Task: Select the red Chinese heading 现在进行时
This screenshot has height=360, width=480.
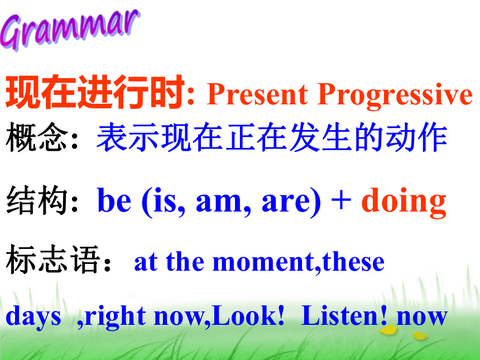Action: [x=95, y=92]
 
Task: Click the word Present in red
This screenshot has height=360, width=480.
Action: [x=257, y=94]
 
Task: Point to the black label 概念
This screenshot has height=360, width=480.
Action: [x=37, y=137]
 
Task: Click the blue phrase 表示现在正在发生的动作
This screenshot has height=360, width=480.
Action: [x=272, y=137]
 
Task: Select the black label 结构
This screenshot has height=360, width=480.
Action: [x=37, y=200]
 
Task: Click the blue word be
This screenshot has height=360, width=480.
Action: [x=114, y=200]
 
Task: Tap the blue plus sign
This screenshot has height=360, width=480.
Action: [x=341, y=201]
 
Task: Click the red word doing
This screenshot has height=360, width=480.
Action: [x=404, y=202]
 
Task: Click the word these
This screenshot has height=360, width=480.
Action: [x=353, y=262]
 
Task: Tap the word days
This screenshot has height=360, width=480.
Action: [x=33, y=316]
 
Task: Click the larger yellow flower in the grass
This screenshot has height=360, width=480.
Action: [x=388, y=330]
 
